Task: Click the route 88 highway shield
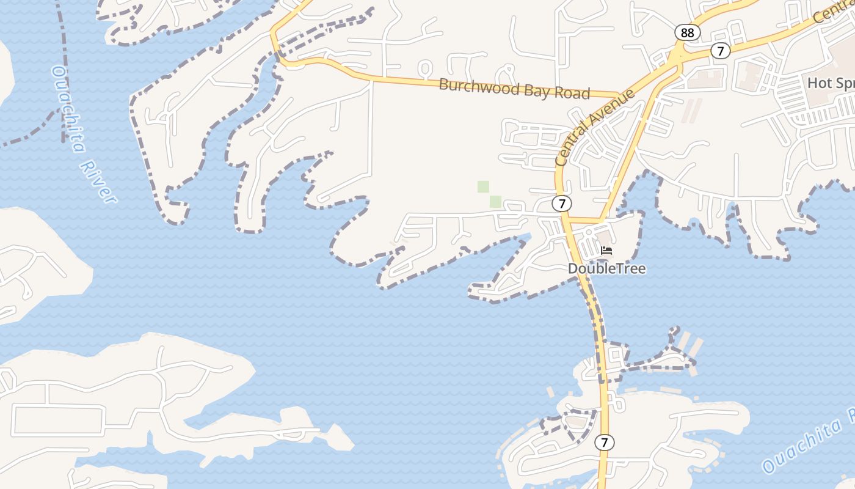687,33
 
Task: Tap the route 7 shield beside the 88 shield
721,51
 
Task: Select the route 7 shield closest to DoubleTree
562,204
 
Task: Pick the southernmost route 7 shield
604,442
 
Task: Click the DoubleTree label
606,268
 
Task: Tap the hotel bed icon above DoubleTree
606,251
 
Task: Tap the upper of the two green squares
483,187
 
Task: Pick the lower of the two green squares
495,201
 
